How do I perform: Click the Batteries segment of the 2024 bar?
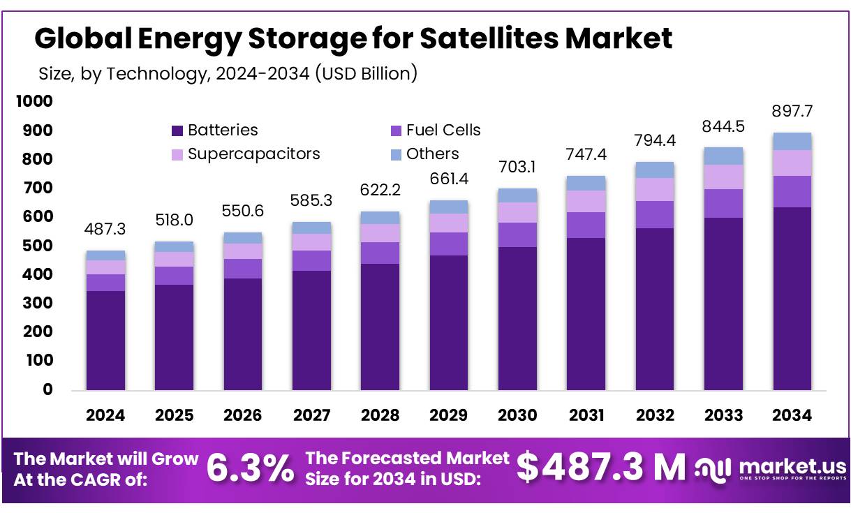pyautogui.click(x=105, y=340)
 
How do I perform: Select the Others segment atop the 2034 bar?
pyautogui.click(x=792, y=141)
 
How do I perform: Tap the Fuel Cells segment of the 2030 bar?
pyautogui.click(x=517, y=235)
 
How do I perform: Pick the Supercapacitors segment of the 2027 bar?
pyautogui.click(x=311, y=241)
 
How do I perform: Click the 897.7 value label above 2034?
pyautogui.click(x=792, y=112)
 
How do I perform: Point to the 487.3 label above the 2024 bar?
pyautogui.click(x=105, y=230)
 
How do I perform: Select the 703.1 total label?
pyautogui.click(x=517, y=168)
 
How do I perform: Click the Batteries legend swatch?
pyautogui.click(x=177, y=131)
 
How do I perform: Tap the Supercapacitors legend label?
pyautogui.click(x=253, y=154)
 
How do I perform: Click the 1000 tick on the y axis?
pyautogui.click(x=34, y=102)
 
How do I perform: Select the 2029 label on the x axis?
pyautogui.click(x=449, y=415)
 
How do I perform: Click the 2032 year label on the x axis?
pyautogui.click(x=655, y=415)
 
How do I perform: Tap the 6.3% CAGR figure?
pyautogui.click(x=251, y=468)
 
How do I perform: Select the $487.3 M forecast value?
pyautogui.click(x=601, y=468)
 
